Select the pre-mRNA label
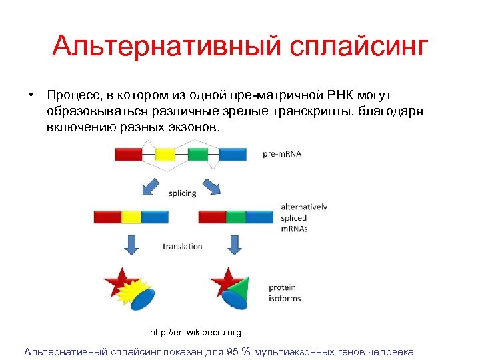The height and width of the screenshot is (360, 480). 281,154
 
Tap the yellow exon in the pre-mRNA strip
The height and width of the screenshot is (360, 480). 165,155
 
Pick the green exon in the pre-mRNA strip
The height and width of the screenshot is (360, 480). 198,155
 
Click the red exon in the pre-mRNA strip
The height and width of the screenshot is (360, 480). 128,155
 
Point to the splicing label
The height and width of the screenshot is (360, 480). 182,193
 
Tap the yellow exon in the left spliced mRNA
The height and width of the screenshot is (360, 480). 131,217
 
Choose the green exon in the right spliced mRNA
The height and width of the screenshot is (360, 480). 236,217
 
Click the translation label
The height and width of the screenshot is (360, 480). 182,246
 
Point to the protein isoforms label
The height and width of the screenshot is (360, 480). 285,293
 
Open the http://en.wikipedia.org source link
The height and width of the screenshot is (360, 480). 195,332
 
